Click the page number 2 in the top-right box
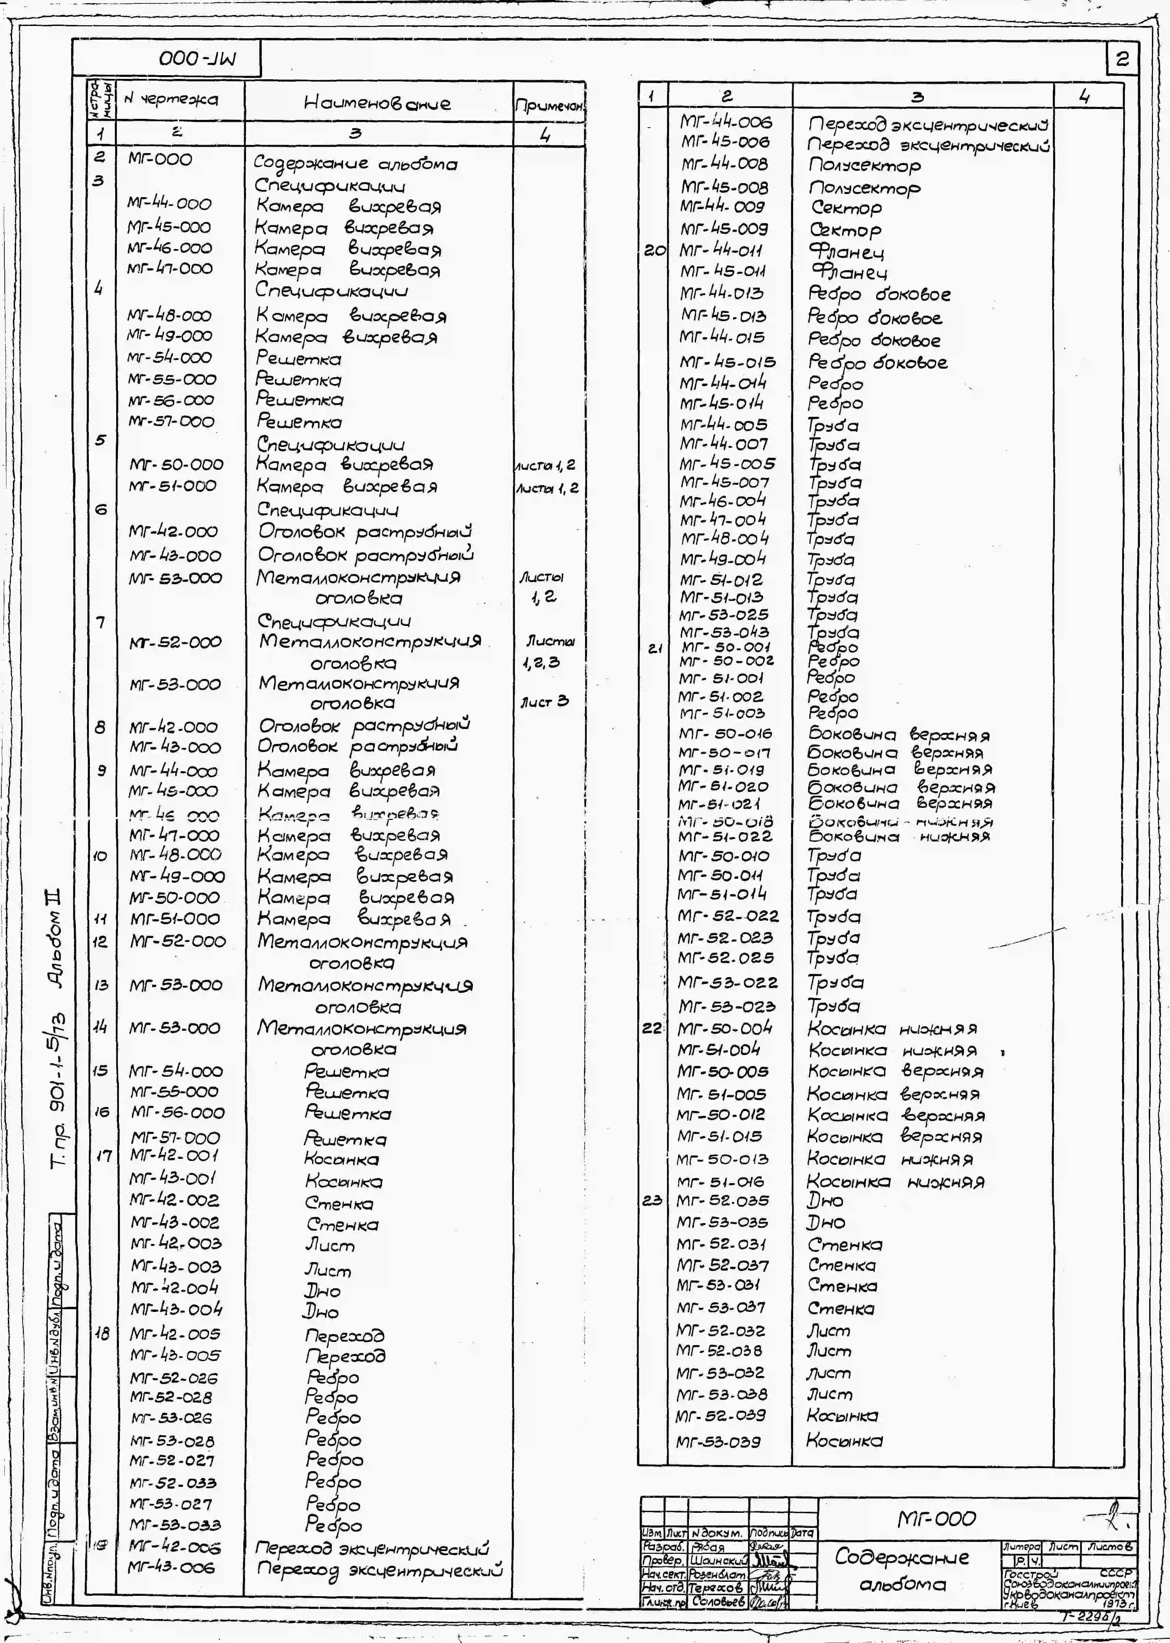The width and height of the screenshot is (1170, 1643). pos(1122,59)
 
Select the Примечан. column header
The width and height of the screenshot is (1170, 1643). pos(549,106)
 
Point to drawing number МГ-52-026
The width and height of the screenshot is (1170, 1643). pos(174,1378)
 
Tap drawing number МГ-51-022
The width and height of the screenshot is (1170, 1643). pos(725,836)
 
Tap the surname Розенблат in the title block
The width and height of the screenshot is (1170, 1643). pos(718,1575)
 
